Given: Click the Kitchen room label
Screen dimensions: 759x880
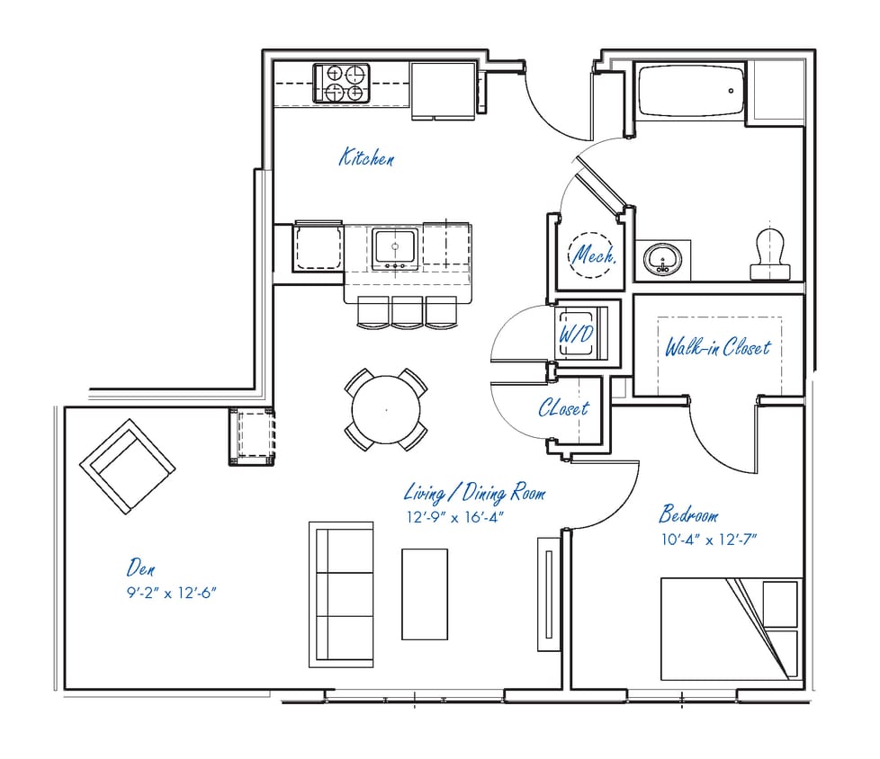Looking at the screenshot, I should [366, 158].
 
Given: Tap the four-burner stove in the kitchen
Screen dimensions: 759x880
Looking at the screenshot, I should [343, 83].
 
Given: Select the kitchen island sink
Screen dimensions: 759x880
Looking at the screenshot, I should [395, 248].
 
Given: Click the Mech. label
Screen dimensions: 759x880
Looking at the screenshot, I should [595, 255].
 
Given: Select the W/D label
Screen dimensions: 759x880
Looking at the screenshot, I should [576, 333].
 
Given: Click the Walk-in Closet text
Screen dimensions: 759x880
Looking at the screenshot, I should [718, 347].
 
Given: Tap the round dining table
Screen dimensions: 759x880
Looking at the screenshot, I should [387, 409].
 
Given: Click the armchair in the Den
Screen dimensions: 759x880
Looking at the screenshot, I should [127, 466].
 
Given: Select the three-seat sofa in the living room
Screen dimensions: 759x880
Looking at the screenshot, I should [341, 594].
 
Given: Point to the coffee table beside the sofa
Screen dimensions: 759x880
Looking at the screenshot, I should [424, 594].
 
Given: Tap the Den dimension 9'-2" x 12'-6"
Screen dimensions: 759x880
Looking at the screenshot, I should [173, 593].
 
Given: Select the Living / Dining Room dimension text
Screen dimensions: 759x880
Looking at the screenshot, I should [454, 517].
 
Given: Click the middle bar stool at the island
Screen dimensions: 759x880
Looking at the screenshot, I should [407, 311].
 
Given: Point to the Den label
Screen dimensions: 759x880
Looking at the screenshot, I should [141, 567].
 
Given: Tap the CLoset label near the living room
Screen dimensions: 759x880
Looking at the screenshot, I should [563, 408].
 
